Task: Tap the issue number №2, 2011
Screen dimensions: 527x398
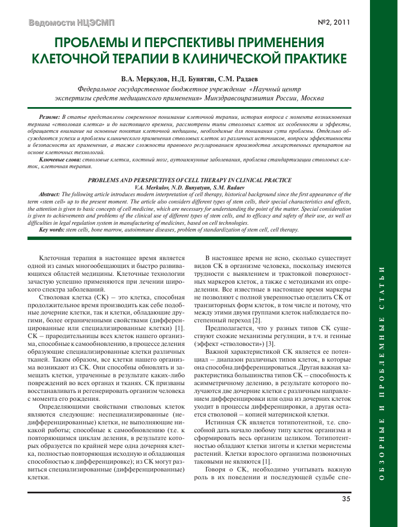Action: pyautogui.click(x=334, y=23)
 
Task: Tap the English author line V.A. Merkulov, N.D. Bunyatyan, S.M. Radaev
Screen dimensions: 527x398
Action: pyautogui.click(x=189, y=186)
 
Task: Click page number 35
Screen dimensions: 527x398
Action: pyautogui.click(x=346, y=498)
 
